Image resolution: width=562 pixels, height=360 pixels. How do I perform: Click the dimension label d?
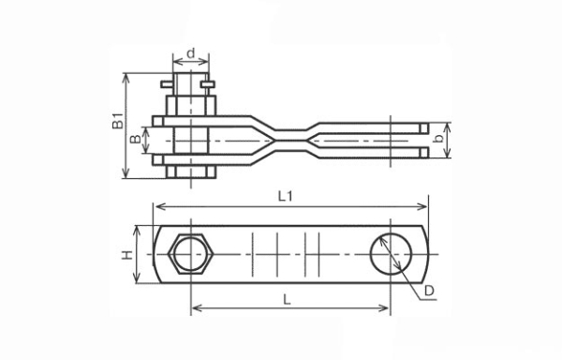coord(191,53)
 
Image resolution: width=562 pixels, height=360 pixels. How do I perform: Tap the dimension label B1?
coord(118,121)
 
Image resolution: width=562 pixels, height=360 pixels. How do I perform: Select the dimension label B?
coord(136,139)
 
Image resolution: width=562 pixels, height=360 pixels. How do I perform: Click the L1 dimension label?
coord(286,196)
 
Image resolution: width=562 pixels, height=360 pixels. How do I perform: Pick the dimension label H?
coord(126,255)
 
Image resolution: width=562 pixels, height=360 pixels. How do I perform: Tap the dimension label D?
coord(429,292)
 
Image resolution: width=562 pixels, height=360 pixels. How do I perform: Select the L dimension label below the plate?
coord(288,299)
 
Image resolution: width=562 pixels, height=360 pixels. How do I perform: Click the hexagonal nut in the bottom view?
coord(191,254)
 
